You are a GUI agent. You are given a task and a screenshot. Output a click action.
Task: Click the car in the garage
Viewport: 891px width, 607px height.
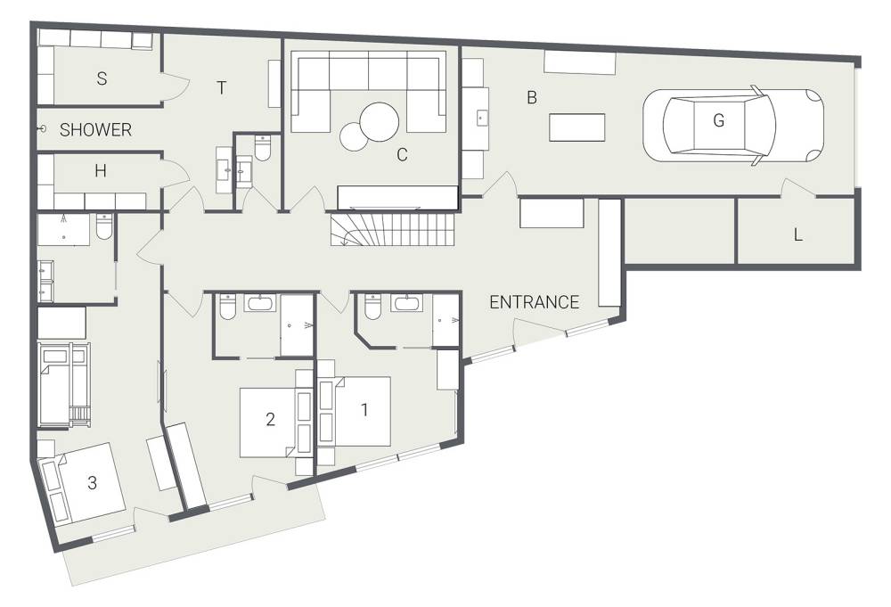coord(733,126)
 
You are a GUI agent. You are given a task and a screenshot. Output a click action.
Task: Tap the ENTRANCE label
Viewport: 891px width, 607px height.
coord(534,302)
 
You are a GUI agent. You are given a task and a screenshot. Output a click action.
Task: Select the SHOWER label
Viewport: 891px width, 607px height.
coord(95,129)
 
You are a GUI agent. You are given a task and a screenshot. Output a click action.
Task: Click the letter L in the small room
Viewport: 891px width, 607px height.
coord(797,234)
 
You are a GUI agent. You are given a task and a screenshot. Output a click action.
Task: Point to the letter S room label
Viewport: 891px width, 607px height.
coord(102,78)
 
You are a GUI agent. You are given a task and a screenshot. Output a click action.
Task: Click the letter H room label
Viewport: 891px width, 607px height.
coord(101,170)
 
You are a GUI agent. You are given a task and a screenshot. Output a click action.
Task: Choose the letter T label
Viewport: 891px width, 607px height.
coord(222,88)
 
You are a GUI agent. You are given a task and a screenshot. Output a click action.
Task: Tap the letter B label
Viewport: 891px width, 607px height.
coord(532,98)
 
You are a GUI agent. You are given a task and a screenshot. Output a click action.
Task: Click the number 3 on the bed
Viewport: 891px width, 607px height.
coord(92,482)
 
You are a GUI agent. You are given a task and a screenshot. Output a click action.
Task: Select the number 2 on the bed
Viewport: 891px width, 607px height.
coord(271,419)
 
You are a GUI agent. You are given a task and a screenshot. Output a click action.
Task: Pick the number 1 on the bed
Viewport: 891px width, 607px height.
coord(364,409)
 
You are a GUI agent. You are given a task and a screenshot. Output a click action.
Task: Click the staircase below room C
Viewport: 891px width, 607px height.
coord(394,229)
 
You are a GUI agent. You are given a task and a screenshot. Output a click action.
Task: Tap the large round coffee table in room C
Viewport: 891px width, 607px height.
coord(380,121)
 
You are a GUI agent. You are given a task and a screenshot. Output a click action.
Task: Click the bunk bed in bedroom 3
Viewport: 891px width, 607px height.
coord(63,385)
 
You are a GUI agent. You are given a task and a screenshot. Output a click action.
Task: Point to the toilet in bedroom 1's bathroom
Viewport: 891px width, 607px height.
coord(372,306)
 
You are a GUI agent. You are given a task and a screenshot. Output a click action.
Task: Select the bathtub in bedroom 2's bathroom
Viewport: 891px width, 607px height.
coord(261,303)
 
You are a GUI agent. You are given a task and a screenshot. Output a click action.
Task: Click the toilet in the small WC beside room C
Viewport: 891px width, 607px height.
coord(263,148)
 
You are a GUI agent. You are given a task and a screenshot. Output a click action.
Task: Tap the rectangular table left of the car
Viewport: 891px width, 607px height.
coord(576,127)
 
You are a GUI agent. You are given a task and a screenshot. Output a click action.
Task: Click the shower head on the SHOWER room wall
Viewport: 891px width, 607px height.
coord(42,129)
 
